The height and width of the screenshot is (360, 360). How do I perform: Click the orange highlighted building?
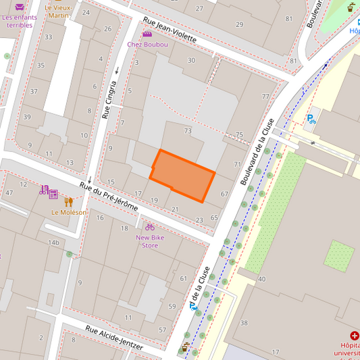pos(182,175)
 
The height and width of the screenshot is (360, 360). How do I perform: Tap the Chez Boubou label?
pos(147,45)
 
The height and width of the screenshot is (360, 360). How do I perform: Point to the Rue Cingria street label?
pos(109,100)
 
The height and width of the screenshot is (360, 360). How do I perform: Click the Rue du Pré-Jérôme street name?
pos(108,196)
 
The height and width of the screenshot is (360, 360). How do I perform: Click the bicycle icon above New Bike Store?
pos(150,227)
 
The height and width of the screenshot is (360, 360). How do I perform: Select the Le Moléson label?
pos(69,212)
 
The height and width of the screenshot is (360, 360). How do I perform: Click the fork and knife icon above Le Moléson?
pos(68,201)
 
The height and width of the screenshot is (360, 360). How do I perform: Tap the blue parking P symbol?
pos(311,120)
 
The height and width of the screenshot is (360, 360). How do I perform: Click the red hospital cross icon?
pos(355,336)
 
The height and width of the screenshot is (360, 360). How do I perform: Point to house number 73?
pos(188,130)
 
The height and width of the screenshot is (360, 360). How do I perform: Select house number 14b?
pos(53,242)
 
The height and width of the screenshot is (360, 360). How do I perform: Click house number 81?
pos(293,61)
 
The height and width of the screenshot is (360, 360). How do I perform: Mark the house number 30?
pos(191,60)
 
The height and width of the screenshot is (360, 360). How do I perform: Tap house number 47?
pos(9,193)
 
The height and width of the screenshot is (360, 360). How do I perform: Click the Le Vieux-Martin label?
pos(58,11)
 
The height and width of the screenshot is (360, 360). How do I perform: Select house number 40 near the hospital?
pos(261,279)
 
